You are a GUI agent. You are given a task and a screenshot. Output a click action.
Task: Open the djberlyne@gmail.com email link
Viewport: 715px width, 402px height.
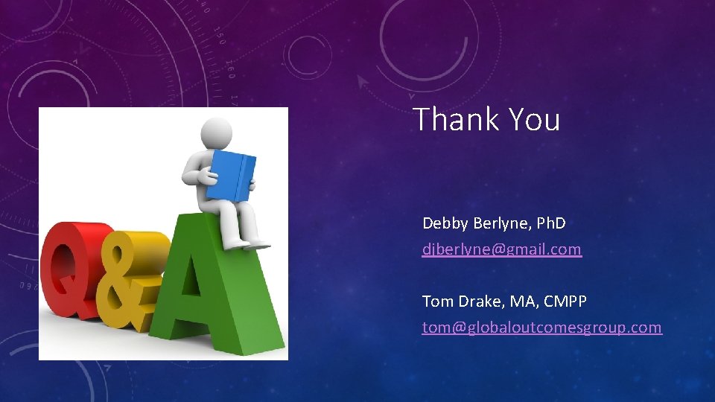(x=501, y=249)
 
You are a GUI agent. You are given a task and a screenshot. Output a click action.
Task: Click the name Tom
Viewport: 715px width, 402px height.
(x=436, y=301)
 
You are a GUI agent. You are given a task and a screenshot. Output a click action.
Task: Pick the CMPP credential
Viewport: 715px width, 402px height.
(x=565, y=301)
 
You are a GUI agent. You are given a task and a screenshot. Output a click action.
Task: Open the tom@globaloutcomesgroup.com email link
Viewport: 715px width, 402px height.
(x=541, y=328)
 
